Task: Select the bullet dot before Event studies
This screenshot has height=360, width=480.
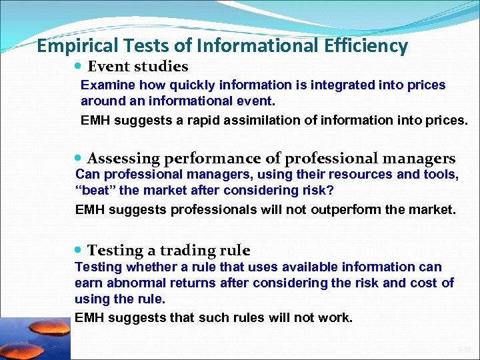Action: click(x=79, y=67)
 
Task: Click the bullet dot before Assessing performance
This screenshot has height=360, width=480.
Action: click(x=79, y=159)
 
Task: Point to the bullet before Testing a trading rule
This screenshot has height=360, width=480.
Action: click(x=79, y=251)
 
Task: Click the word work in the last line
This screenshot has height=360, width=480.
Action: click(x=335, y=317)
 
